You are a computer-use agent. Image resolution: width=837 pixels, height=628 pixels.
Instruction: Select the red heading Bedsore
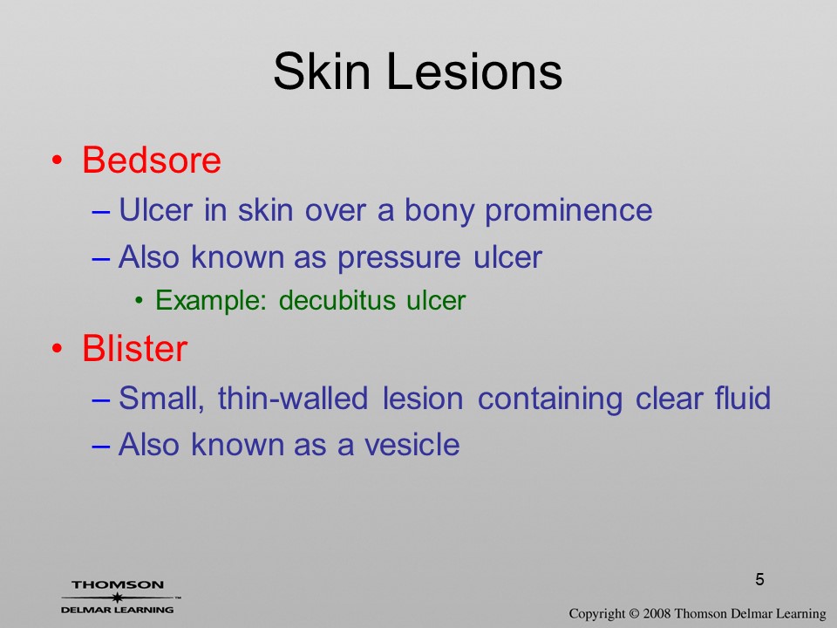point(152,160)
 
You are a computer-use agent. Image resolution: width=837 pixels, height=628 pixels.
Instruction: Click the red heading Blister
point(134,348)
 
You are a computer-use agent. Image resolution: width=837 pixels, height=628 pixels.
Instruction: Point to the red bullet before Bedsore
point(57,160)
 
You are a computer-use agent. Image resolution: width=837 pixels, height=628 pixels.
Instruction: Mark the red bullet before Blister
point(57,348)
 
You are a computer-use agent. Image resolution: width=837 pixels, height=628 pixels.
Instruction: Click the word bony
point(439,210)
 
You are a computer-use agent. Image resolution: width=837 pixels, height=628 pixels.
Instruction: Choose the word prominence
point(568,210)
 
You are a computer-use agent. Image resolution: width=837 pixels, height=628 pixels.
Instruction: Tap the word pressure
point(398,258)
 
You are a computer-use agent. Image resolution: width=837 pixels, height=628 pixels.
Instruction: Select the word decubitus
point(337,300)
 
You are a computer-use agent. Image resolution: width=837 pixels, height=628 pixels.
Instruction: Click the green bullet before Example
point(139,301)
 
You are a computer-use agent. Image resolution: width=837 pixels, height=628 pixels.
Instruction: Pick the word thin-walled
point(293,399)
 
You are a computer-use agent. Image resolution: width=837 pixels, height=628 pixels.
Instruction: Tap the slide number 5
point(759,579)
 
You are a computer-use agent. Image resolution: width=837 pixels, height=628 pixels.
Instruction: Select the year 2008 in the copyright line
point(657,613)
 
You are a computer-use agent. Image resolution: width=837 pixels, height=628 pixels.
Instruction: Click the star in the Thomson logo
point(117,597)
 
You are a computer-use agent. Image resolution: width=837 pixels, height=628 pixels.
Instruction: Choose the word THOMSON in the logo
point(118,584)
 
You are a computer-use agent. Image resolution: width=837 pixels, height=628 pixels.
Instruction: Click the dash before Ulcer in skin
point(101,211)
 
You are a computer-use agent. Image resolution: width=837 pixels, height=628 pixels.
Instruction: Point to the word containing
point(550,399)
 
